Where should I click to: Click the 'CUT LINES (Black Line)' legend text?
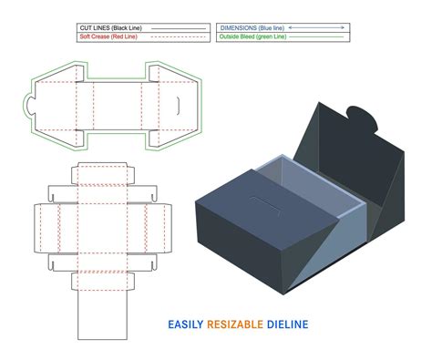(110, 28)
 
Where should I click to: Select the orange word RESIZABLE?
(238, 324)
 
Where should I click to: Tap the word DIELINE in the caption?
(286, 324)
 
